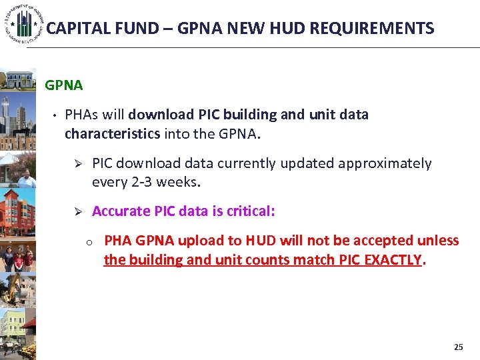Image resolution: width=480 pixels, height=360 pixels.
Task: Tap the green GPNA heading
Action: click(63, 85)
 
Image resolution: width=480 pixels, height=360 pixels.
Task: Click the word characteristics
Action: click(112, 133)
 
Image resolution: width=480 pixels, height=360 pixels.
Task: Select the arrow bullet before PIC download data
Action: click(77, 164)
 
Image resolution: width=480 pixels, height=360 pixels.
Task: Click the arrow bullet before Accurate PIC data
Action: click(77, 211)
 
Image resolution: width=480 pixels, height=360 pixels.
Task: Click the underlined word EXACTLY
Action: click(393, 259)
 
